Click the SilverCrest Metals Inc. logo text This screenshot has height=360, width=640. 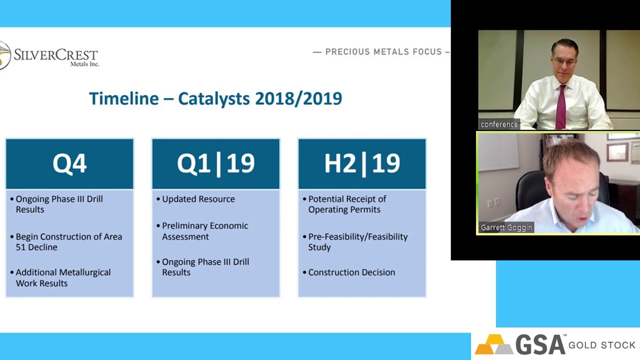[x=56, y=57]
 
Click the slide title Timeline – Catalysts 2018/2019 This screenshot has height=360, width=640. [x=215, y=98]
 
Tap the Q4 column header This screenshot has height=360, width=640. [x=69, y=163]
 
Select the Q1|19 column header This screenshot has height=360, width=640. [x=215, y=163]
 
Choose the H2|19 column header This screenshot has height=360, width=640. [x=362, y=163]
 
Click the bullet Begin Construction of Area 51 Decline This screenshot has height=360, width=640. [x=66, y=241]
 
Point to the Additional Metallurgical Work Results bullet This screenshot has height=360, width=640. [x=60, y=277]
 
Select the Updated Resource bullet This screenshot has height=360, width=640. [x=195, y=199]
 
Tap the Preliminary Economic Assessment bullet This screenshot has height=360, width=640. [x=202, y=231]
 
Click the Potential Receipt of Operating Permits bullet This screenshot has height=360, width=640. [x=344, y=204]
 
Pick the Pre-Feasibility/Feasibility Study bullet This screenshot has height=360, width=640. [x=355, y=241]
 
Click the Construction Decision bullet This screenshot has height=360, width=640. [x=349, y=272]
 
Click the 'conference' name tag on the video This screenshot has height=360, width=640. [x=499, y=124]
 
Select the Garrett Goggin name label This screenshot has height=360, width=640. [x=506, y=227]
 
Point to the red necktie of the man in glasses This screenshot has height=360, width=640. [x=561, y=107]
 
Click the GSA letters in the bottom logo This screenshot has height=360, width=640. [x=540, y=344]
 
